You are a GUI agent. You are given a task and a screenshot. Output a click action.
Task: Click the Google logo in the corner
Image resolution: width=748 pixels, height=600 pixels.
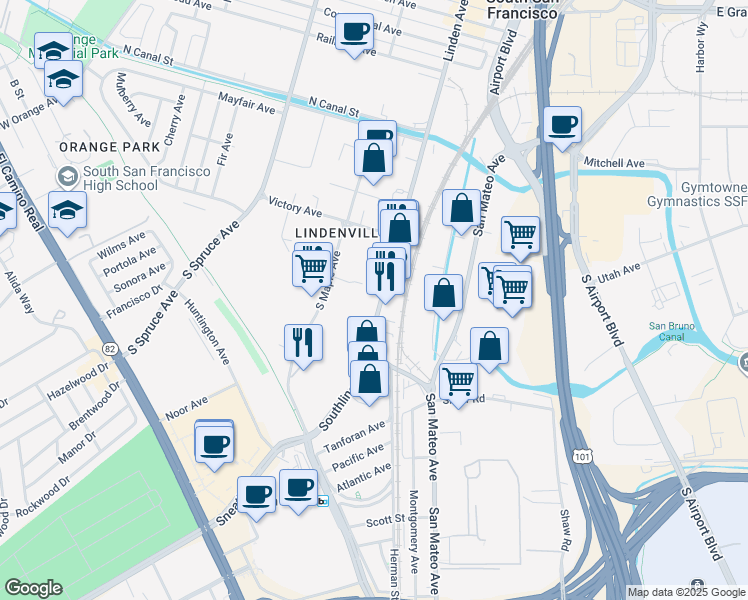tap(33, 588)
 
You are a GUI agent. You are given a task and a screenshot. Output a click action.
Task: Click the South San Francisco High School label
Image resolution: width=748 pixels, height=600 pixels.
tap(146, 178)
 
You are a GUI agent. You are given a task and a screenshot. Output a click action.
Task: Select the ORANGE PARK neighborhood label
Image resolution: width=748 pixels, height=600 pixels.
tap(95, 147)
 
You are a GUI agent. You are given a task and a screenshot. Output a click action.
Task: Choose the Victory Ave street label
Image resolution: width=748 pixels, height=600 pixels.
tap(295, 208)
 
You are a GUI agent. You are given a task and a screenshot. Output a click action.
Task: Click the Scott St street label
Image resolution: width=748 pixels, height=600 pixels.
tap(383, 520)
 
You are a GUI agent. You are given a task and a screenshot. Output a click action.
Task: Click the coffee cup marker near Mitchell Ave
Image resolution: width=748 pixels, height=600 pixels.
tap(563, 125)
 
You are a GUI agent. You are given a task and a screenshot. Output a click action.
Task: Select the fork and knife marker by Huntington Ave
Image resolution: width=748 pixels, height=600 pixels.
tap(302, 343)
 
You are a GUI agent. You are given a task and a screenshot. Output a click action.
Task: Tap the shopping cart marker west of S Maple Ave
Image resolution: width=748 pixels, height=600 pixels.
tap(311, 267)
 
